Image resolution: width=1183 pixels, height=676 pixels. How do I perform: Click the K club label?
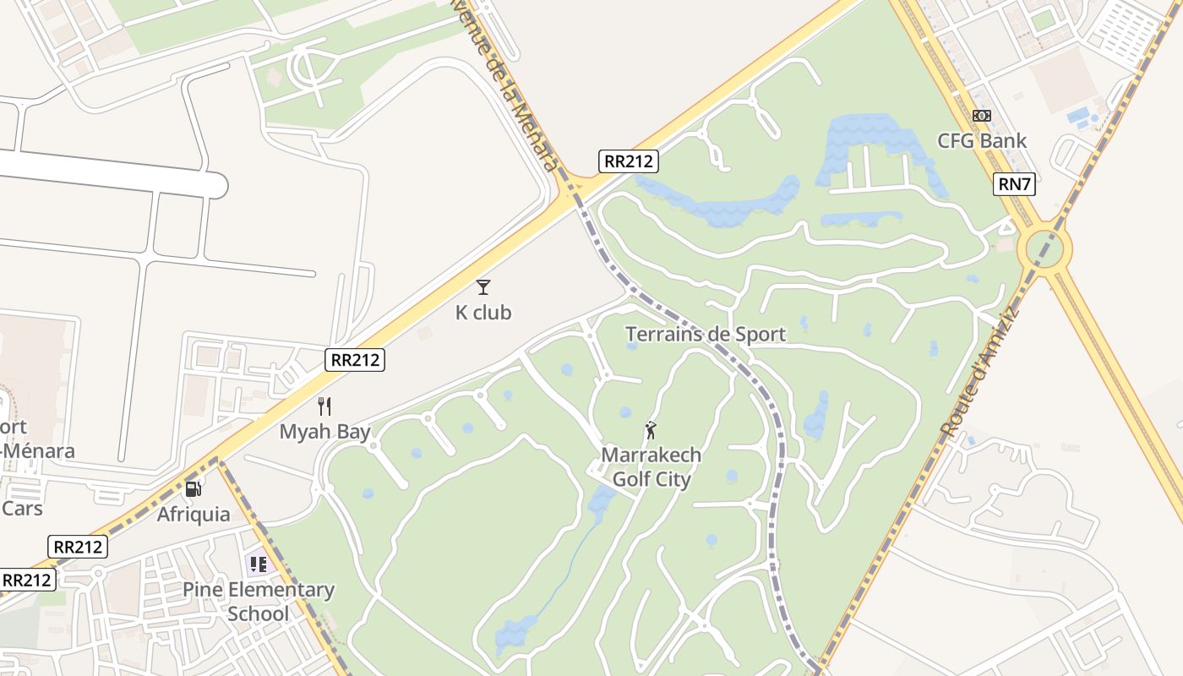483,313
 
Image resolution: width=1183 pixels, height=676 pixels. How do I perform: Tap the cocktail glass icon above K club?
483,287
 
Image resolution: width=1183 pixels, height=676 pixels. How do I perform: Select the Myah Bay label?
325,432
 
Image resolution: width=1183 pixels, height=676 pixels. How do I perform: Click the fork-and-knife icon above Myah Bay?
324,406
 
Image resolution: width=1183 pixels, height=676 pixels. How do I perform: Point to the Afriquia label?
194,514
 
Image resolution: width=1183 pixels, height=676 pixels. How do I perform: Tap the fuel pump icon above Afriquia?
194,488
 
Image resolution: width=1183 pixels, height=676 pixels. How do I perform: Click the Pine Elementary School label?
259,602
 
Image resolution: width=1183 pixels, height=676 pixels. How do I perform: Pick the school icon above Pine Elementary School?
258,564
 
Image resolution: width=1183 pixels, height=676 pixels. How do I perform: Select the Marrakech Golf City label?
651,467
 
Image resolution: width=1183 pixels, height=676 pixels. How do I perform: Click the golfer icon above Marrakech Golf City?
651,430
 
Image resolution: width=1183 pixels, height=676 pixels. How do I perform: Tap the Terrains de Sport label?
706,335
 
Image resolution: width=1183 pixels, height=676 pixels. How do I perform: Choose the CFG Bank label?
982,140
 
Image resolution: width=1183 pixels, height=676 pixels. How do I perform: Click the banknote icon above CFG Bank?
982,116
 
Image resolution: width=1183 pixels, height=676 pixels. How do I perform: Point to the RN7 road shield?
1014,184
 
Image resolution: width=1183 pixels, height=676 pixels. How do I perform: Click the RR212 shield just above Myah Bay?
355,360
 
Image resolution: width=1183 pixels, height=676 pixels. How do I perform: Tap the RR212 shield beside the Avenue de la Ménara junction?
629,161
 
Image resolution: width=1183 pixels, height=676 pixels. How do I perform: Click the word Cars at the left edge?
22,509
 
